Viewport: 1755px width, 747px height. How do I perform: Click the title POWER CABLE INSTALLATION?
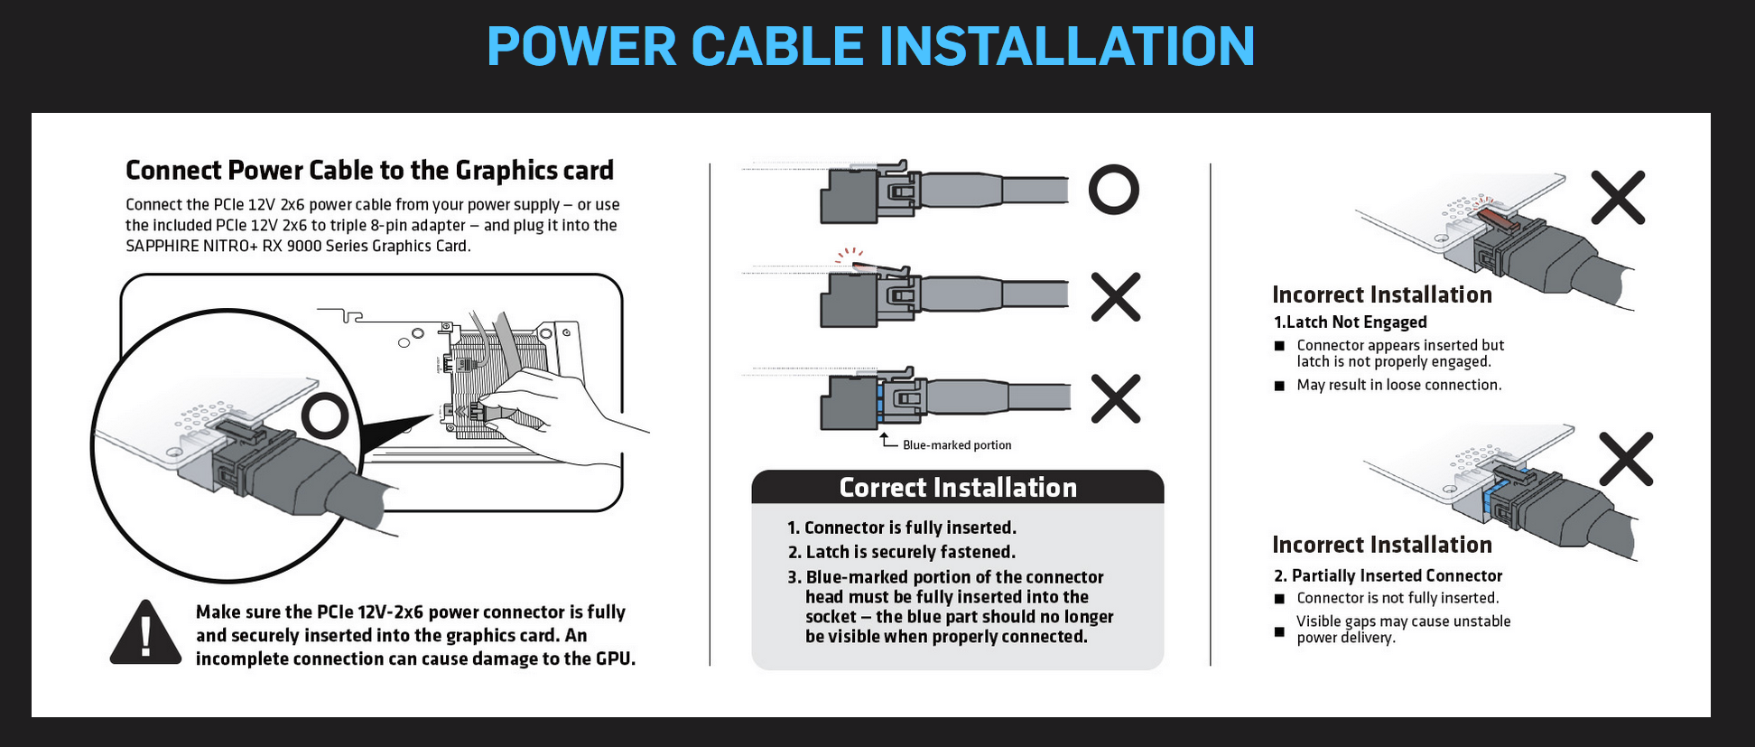tap(870, 46)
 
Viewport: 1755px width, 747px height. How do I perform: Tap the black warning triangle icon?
tap(145, 633)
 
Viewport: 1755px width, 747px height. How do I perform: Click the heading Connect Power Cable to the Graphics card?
tap(369, 171)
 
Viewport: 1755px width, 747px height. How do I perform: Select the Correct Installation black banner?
tap(957, 488)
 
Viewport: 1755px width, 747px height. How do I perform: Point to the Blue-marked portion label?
tap(957, 445)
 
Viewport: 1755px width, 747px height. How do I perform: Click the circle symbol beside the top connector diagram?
tap(1113, 190)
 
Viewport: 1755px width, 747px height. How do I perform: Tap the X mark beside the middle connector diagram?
tap(1116, 296)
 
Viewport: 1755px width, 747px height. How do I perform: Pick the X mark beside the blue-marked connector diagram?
tap(1116, 398)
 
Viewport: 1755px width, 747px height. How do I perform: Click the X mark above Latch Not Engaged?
tap(1617, 197)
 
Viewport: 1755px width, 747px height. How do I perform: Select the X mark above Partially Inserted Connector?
tap(1625, 459)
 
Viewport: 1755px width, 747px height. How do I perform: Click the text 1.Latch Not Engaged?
tap(1350, 322)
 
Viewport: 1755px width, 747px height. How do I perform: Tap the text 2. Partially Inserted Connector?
tap(1388, 576)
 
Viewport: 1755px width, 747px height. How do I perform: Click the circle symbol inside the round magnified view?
tap(324, 416)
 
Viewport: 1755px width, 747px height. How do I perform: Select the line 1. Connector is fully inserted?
tap(901, 528)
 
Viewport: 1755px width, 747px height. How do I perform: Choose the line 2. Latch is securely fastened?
tap(901, 552)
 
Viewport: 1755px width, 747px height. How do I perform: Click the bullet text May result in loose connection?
tap(1398, 385)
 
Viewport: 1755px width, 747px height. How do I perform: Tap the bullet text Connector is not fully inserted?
tap(1397, 598)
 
